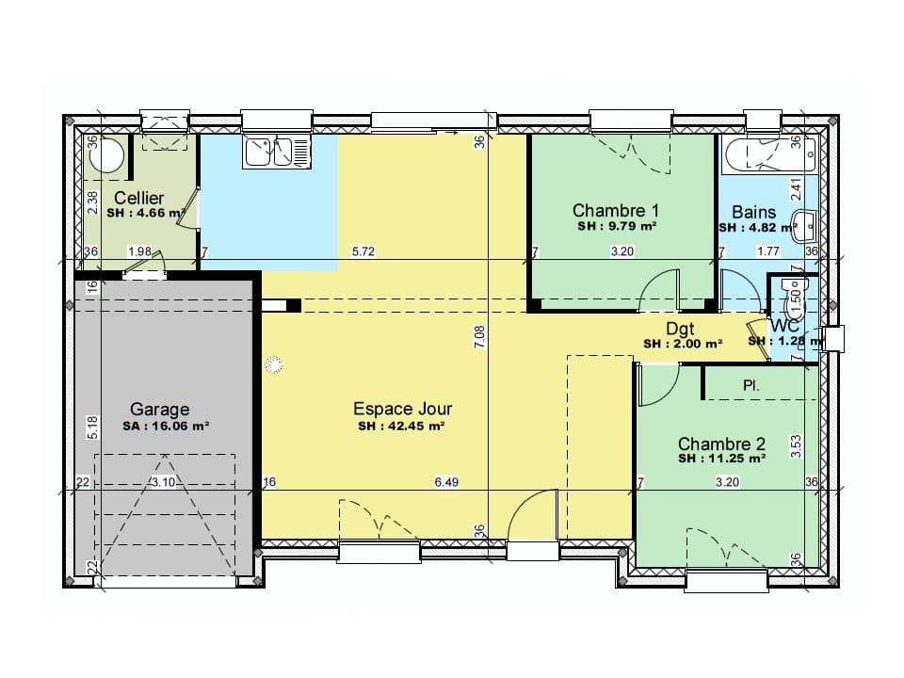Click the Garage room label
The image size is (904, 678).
(x=159, y=410)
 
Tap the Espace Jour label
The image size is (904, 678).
(x=402, y=409)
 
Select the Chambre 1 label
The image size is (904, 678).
(x=616, y=211)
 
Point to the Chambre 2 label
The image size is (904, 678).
(x=721, y=444)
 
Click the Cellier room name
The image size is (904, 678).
(x=138, y=198)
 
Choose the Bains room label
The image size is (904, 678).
(x=754, y=213)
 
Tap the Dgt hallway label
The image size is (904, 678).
(x=680, y=329)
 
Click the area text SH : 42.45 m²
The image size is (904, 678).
(x=401, y=426)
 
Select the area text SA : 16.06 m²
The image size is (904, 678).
(x=166, y=426)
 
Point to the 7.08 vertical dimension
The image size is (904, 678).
(x=479, y=339)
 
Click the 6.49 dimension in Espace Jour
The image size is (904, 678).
(x=446, y=483)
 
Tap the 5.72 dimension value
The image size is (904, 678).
(x=363, y=251)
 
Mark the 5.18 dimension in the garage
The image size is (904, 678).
(x=92, y=428)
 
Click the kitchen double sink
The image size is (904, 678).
(x=275, y=152)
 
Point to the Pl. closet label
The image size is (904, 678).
(x=751, y=385)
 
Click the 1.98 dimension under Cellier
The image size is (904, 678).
(x=139, y=251)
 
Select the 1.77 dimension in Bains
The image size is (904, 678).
(x=768, y=251)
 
